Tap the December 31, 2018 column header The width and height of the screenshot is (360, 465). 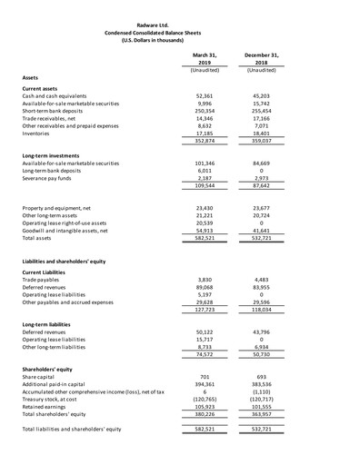[x=261, y=57]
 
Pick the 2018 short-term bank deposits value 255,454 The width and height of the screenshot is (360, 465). [x=261, y=110]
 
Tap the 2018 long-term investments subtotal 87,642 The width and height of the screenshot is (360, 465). [x=261, y=185]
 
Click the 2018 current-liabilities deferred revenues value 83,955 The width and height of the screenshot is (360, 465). [x=261, y=286]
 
